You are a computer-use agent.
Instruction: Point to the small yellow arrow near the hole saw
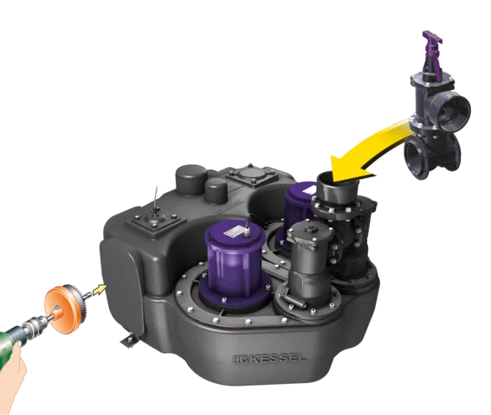point(102,290)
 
